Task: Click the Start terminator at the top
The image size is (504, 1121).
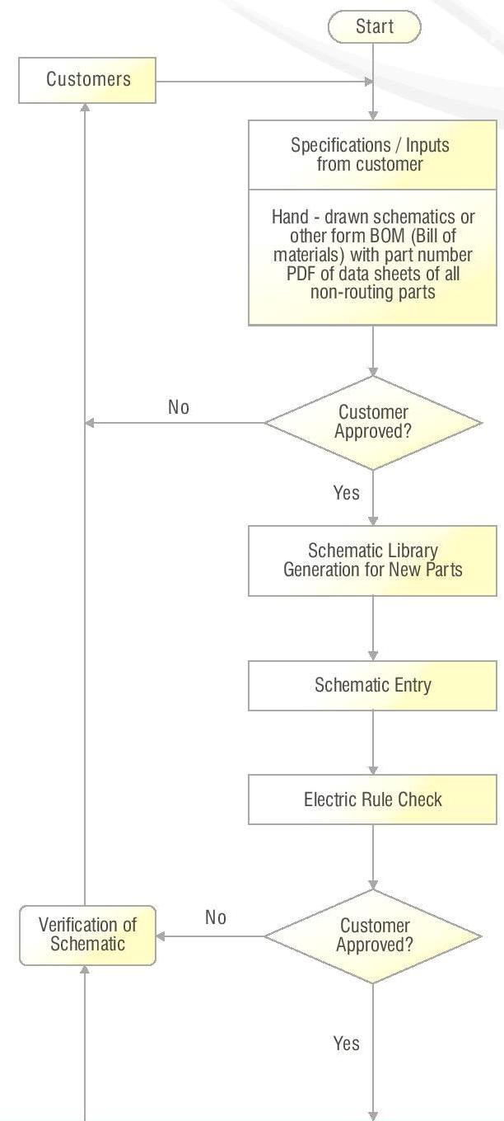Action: (374, 27)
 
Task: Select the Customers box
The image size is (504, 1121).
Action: (87, 80)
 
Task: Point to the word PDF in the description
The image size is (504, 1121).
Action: (301, 274)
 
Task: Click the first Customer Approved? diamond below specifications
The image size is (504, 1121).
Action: (373, 422)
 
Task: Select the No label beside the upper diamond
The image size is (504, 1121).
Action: (179, 407)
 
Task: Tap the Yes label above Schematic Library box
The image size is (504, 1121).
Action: (346, 493)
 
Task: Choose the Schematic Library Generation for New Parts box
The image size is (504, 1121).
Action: (372, 560)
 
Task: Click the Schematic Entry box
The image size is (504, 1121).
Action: (372, 685)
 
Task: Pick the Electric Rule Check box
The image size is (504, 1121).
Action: (372, 800)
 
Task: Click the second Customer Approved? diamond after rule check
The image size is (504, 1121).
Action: (373, 936)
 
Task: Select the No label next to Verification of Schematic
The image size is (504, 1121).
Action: (216, 918)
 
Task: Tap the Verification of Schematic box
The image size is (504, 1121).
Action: (87, 936)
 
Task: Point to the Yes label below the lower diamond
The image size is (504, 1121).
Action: (346, 1044)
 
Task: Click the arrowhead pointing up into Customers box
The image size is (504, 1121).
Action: (85, 108)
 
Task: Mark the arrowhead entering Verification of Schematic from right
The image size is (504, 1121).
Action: (161, 936)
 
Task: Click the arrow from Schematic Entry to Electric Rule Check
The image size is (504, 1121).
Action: (373, 742)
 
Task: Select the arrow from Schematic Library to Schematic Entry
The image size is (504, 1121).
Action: (373, 627)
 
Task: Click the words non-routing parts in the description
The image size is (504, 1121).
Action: (372, 293)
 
